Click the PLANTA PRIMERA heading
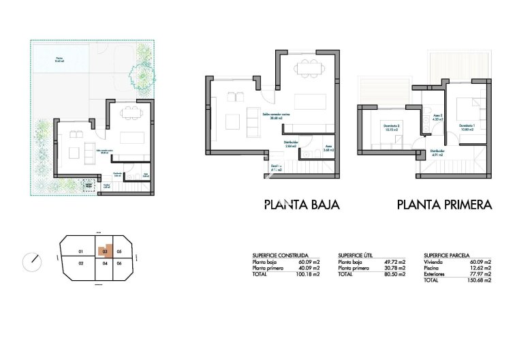tap(444, 204)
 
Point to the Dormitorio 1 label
tap(467, 126)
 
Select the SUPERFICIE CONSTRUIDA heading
tap(280, 255)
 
